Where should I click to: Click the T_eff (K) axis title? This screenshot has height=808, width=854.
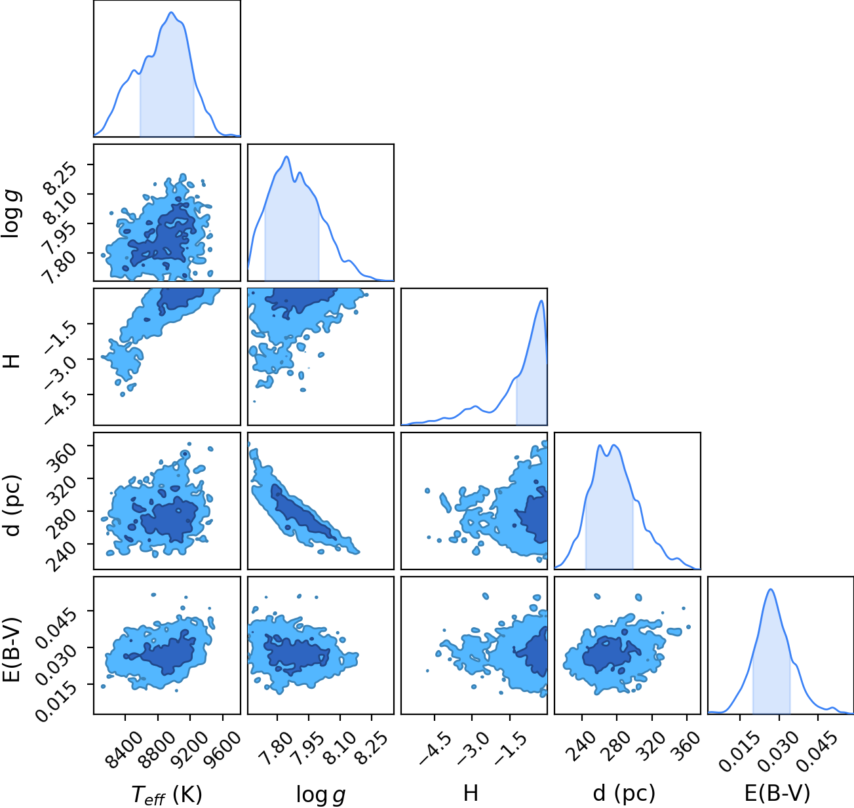pyautogui.click(x=167, y=795)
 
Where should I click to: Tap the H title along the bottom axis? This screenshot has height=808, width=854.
pyautogui.click(x=471, y=793)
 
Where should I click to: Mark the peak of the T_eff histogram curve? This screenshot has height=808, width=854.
pyautogui.click(x=171, y=12)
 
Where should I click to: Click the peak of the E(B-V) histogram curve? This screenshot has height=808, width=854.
pyautogui.click(x=771, y=589)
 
